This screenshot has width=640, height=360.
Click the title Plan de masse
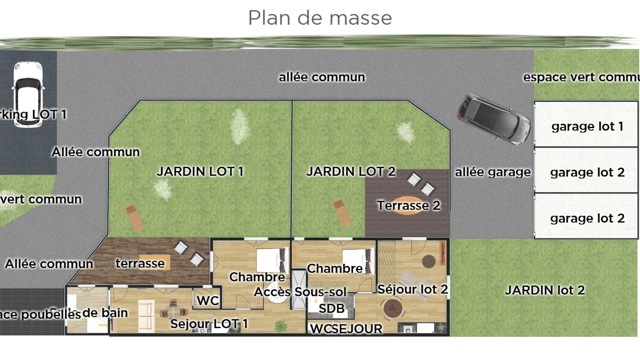[320, 18]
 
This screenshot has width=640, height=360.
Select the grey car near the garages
[494, 119]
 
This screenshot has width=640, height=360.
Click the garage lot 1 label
[587, 127]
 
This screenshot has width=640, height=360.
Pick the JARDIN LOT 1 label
[200, 172]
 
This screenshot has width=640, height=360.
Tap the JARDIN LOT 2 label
[351, 172]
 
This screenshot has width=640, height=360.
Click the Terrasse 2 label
[408, 206]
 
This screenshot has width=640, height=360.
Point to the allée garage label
[493, 172]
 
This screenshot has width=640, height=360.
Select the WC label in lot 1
[208, 301]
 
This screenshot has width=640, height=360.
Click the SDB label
[331, 309]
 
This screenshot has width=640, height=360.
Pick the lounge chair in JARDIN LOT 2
[342, 212]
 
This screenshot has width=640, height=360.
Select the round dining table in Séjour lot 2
[393, 309]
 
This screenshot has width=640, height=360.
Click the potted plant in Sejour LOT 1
[281, 326]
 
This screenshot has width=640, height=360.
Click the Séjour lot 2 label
[412, 289]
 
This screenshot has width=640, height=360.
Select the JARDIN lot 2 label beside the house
[545, 290]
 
